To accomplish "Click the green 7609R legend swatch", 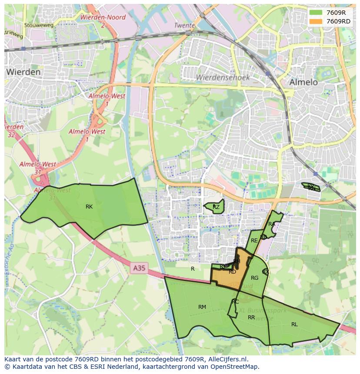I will [x=316, y=13].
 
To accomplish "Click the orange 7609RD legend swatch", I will [x=316, y=21].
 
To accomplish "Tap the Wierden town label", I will [x=23, y=72].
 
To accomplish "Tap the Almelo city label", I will [x=303, y=82].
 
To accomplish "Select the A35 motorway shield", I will [x=139, y=268].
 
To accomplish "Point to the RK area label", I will [x=89, y=207].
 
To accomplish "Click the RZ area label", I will [x=216, y=207].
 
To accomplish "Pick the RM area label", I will [x=202, y=307].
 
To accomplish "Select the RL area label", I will [x=294, y=324].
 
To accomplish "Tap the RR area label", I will [x=251, y=318].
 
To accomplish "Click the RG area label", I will [x=255, y=278].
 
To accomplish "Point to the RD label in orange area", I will [x=233, y=272].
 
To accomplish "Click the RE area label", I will [x=254, y=241].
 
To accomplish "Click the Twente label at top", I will [x=184, y=26].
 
